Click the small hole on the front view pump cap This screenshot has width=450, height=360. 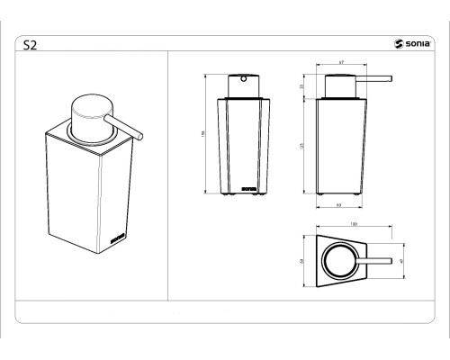pyautogui.click(x=240, y=78)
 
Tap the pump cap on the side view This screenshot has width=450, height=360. pyautogui.click(x=340, y=85)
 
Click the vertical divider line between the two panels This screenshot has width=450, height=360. pyautogui.click(x=170, y=175)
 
